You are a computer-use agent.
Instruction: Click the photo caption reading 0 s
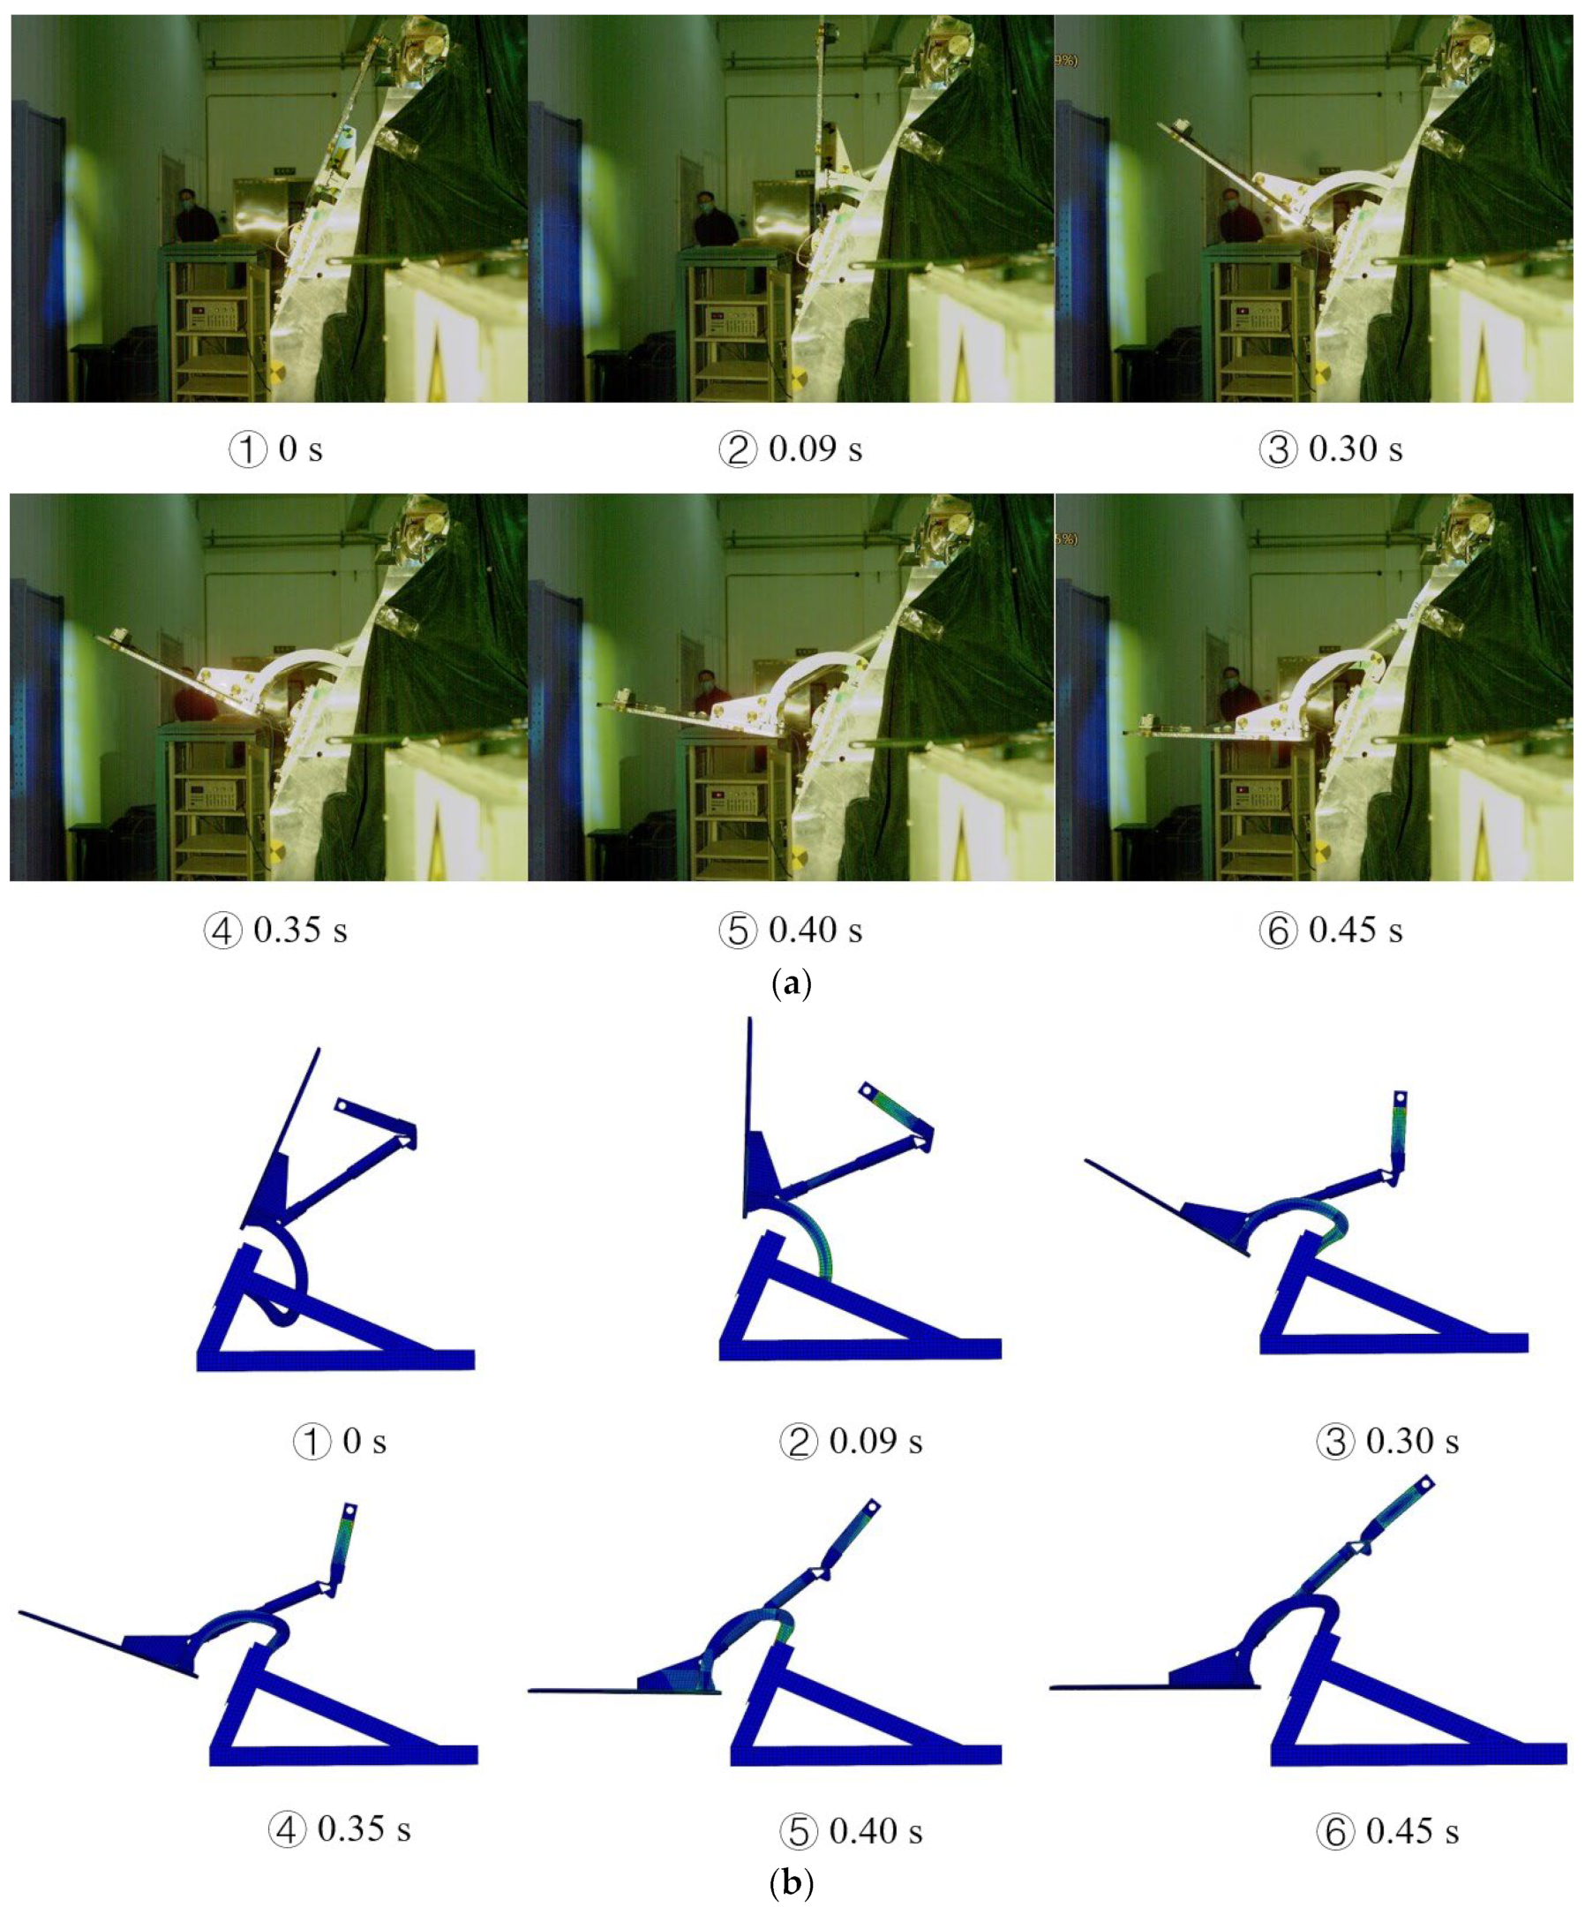[276, 449]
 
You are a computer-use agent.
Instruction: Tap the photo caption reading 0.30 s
[1331, 449]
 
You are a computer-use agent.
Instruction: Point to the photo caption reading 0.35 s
[276, 931]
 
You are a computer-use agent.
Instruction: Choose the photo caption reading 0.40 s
[790, 931]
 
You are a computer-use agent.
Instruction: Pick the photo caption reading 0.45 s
[1331, 931]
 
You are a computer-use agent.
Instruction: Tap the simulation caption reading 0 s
[341, 1441]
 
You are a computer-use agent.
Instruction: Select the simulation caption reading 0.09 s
[852, 1441]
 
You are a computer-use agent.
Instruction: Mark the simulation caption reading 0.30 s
[1388, 1441]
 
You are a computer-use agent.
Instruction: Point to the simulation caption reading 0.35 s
[341, 1830]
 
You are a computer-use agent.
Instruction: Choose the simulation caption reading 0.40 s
[852, 1830]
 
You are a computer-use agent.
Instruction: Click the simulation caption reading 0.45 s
[1388, 1830]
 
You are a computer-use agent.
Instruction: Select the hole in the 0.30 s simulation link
[1401, 1100]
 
